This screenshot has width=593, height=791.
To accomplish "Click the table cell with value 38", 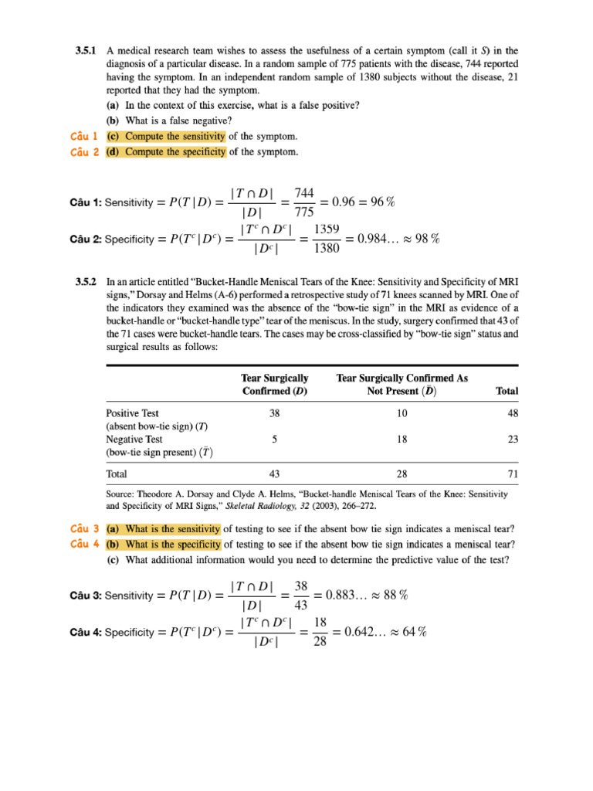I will (274, 413).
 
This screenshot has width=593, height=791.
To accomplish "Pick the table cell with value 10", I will (402, 413).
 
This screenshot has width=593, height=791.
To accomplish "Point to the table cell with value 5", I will (274, 440).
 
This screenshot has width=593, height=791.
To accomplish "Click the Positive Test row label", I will (132, 413).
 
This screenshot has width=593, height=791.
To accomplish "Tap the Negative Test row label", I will (134, 440).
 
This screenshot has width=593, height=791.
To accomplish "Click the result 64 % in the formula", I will (412, 631).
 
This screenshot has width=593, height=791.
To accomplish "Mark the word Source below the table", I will (123, 494).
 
